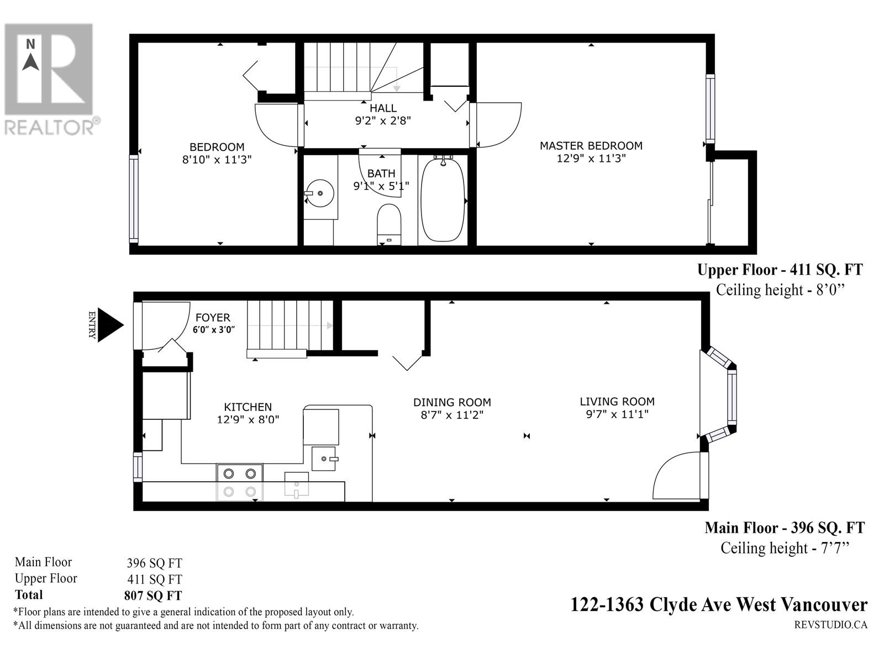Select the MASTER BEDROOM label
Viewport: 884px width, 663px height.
coord(591,146)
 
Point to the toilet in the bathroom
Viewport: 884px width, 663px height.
coord(389,224)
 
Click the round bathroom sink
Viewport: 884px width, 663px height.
coord(320,193)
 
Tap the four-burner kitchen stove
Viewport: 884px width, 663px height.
coord(239,482)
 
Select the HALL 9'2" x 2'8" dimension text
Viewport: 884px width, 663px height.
coord(383,120)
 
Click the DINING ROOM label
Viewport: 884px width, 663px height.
coord(452,403)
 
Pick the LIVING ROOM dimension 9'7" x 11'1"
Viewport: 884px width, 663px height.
coord(617,414)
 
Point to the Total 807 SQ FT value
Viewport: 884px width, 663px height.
coord(153,596)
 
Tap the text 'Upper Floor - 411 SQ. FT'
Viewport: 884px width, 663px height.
coord(780,270)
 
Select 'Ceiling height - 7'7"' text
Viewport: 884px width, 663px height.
coord(784,548)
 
